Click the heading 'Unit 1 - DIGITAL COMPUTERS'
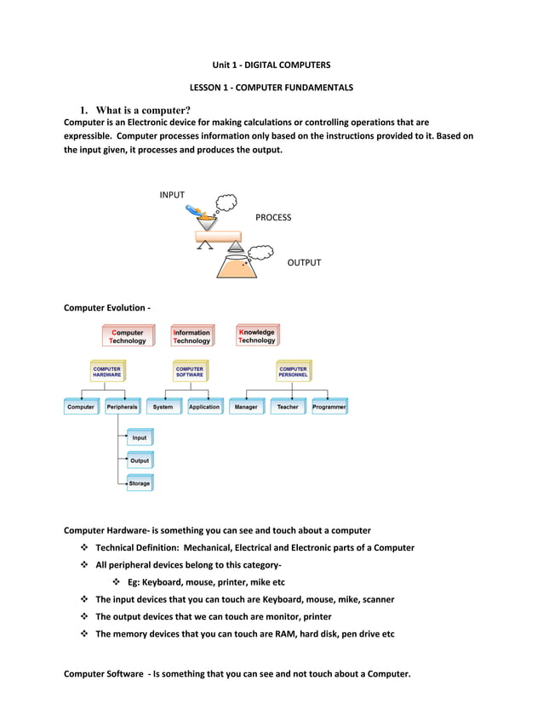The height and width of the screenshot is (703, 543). coord(271,65)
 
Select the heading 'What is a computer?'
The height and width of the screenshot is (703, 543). coord(143,110)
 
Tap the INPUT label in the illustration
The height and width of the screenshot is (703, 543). coord(172,195)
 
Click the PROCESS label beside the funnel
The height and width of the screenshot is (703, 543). coord(272,217)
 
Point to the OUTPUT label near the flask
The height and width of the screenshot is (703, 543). coord(304,262)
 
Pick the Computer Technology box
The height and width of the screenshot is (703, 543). coord(127,336)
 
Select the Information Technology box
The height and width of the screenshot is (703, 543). coord(191,336)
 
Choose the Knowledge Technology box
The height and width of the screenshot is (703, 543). coord(256,336)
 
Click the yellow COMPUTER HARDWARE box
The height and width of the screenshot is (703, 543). coord(107,372)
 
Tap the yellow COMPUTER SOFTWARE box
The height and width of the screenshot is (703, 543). coord(190,372)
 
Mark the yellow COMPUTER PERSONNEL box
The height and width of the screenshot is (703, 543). coord(293,372)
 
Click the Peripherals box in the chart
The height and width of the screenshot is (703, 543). coord(123,408)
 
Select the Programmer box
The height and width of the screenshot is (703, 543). coord(329,408)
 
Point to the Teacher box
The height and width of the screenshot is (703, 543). coord(288,408)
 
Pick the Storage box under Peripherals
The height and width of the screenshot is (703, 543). coord(140,483)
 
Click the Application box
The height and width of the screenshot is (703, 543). coord(204,408)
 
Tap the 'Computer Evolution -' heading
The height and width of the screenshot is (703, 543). coord(107,307)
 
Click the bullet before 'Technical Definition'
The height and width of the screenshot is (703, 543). coord(84,548)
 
